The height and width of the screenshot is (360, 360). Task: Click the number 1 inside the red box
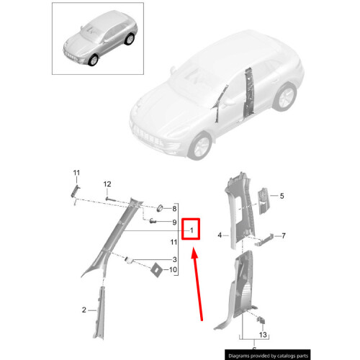[x=192, y=230]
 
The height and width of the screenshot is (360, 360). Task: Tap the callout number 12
[x=107, y=184]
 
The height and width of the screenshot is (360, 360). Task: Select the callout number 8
[x=174, y=209]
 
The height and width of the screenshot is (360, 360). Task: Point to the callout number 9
[x=174, y=222]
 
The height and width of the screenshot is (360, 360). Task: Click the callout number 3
[x=175, y=259]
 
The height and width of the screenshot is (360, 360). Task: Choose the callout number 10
[x=173, y=270]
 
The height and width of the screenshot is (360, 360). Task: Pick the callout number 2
[x=84, y=310]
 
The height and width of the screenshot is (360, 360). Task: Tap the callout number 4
[x=220, y=235]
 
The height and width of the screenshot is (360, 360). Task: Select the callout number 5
[x=282, y=196]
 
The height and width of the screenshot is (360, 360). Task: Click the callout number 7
[x=284, y=235]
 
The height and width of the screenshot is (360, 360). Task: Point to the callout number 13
[x=263, y=335]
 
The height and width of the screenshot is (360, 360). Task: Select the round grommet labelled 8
[x=160, y=208]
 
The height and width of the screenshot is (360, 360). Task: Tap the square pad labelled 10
[x=156, y=270]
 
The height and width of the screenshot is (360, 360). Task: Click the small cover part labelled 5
[x=264, y=201]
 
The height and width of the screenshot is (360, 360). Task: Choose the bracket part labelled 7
[x=264, y=239]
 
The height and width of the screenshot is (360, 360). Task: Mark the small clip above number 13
[x=261, y=320]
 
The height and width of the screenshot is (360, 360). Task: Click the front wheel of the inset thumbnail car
[x=93, y=60]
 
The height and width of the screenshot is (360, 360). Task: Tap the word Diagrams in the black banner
[x=240, y=356]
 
